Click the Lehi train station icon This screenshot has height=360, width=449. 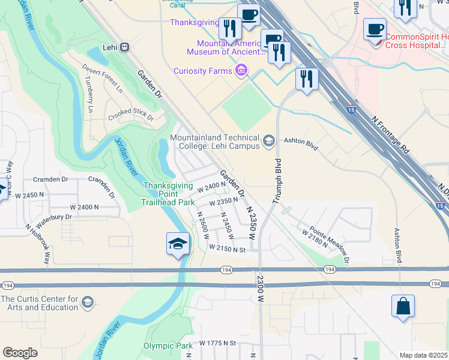(125, 47)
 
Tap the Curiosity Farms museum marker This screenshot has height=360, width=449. (241, 71)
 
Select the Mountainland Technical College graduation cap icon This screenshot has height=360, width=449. (268, 142)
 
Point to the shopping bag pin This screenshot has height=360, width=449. (403, 306)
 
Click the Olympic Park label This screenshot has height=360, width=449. (168, 346)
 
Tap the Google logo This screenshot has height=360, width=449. (20, 353)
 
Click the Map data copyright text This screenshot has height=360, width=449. (424, 355)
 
